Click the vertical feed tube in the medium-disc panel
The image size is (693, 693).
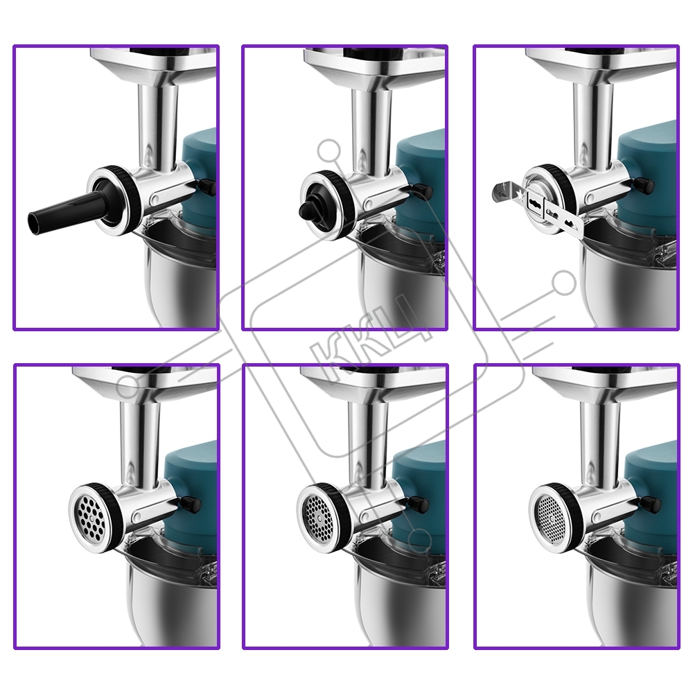pos(369,442)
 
